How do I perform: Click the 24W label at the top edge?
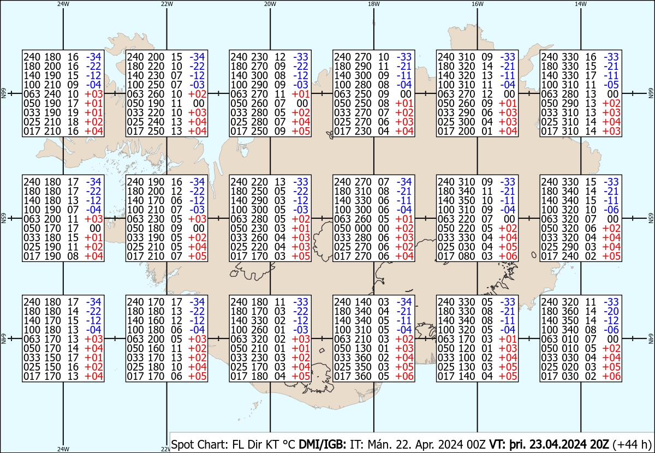63,4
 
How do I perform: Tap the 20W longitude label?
270,4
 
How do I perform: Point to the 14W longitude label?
581,4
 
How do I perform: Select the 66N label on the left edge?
3,93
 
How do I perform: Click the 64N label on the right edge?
651,338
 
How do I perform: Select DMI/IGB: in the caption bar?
323,444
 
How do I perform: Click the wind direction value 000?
363,228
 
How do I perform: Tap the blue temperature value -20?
611,311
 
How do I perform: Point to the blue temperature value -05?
611,85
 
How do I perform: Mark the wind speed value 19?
73,112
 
